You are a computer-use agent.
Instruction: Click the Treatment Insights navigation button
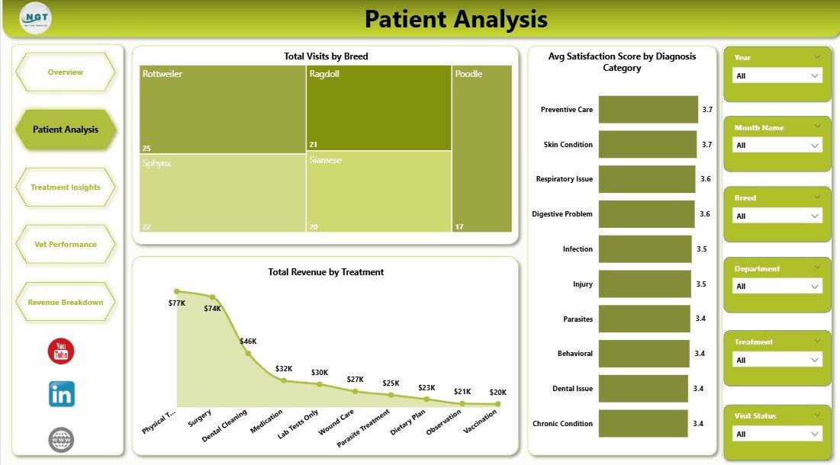66,188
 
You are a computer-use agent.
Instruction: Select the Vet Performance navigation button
66,245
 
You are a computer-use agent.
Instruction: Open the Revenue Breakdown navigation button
66,303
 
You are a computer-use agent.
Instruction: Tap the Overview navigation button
66,72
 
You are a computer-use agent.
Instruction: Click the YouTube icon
61,351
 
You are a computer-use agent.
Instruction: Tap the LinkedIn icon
62,394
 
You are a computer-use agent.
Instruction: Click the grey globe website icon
61,440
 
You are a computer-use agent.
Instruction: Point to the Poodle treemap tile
481,149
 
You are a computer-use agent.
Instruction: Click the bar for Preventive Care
648,110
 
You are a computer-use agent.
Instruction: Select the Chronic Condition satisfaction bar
643,424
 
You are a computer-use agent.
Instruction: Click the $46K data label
248,342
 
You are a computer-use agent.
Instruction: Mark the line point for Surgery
212,297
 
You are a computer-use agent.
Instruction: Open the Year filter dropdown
777,75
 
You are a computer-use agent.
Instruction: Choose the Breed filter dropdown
777,216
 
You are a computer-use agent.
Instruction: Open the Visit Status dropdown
777,434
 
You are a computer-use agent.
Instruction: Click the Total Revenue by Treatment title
326,272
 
